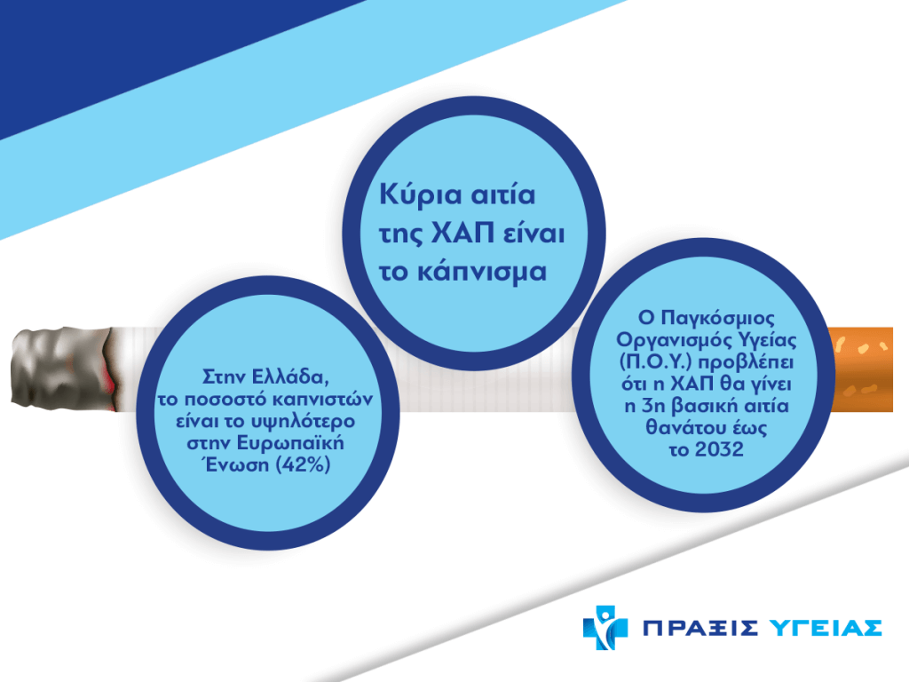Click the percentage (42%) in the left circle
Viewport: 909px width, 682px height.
point(302,464)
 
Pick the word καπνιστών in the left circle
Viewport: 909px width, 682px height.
point(323,400)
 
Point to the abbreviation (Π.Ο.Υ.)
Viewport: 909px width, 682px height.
point(656,362)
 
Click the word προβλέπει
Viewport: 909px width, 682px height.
point(746,362)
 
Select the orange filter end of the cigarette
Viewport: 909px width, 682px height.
point(861,369)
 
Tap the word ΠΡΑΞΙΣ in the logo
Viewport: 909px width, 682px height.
point(700,628)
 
